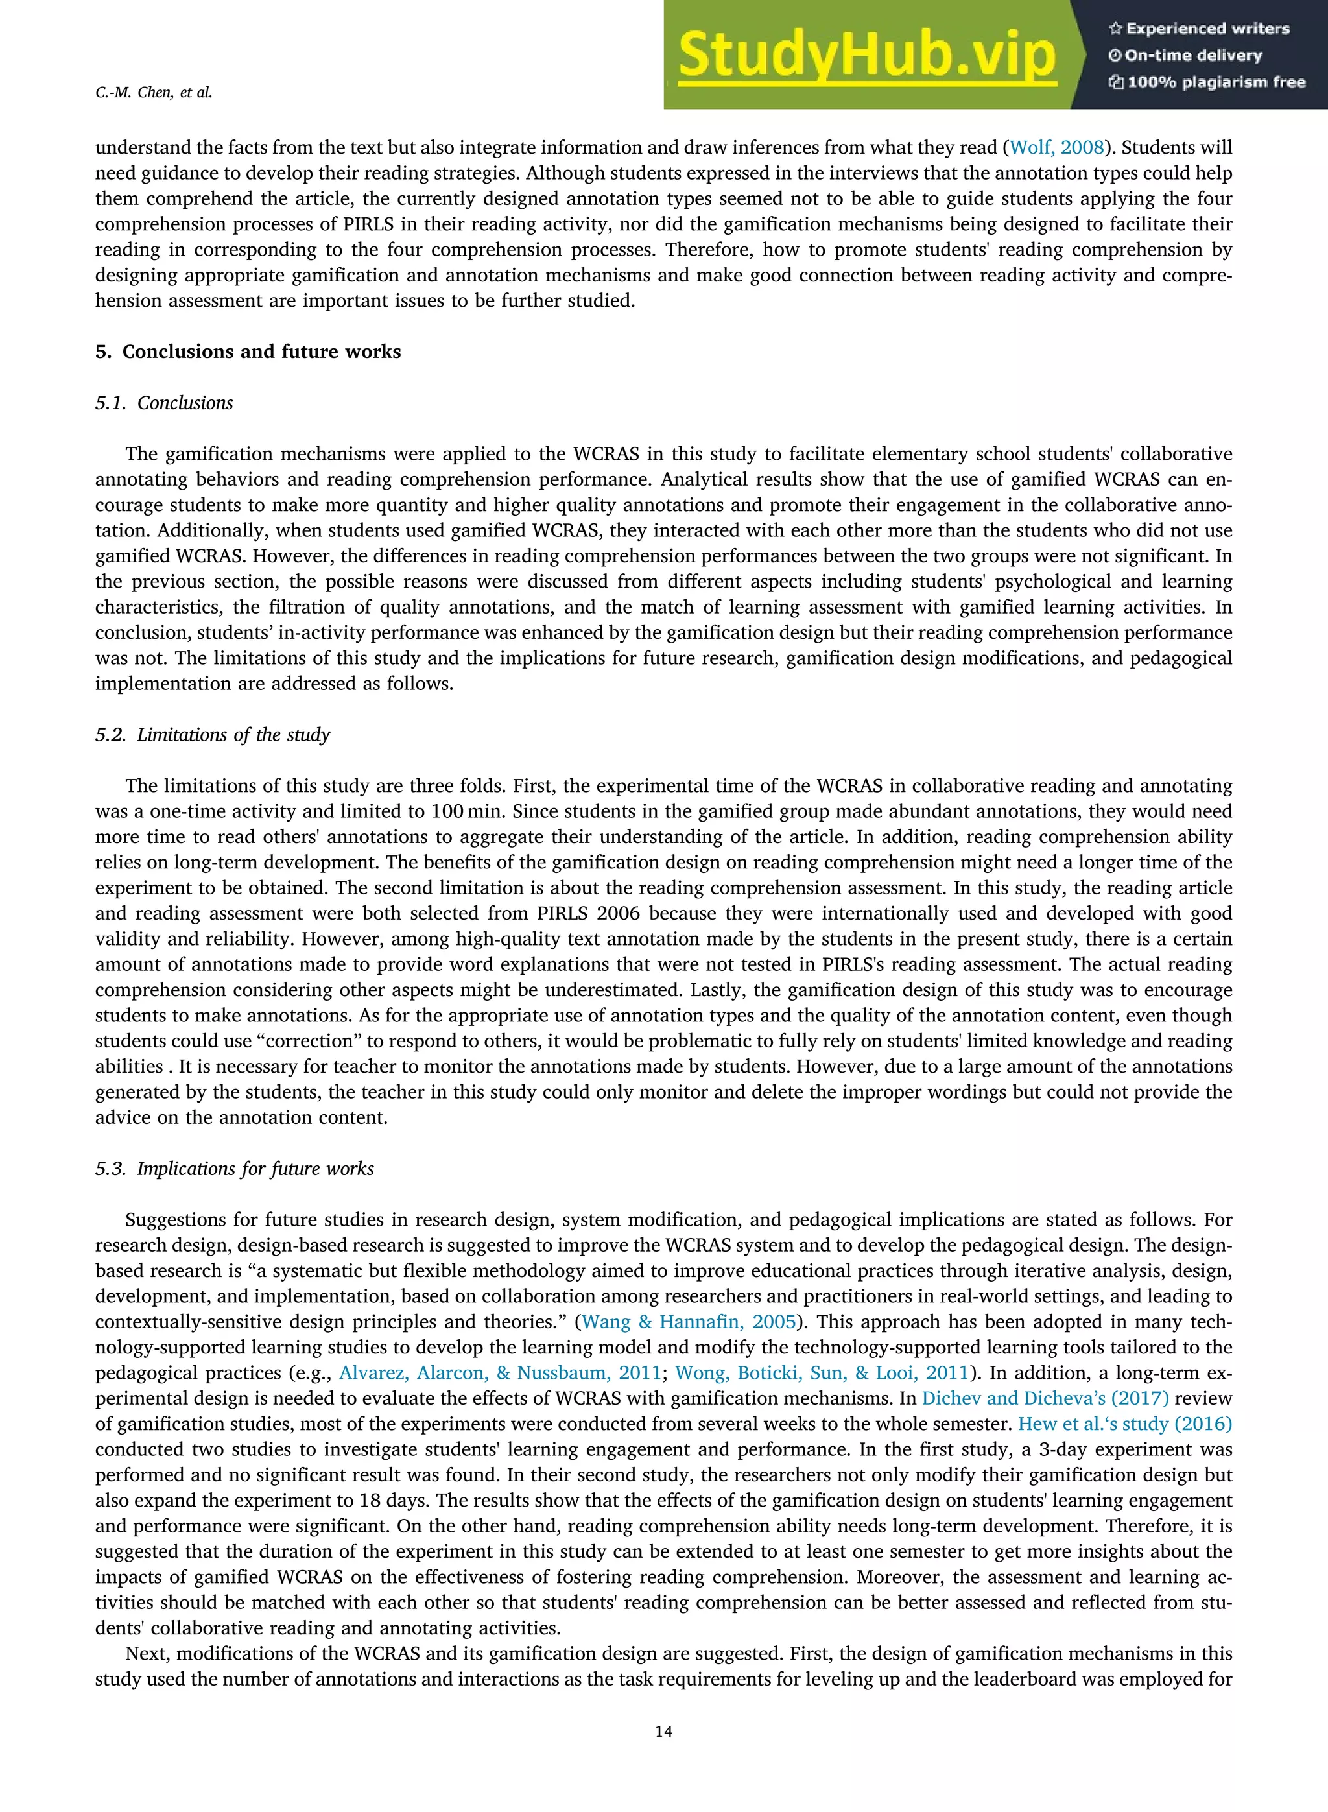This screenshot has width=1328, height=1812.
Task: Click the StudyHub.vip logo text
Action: tap(866, 54)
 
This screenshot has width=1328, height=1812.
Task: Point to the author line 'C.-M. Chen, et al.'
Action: tap(154, 93)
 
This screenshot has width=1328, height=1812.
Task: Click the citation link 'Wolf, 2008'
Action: tap(1056, 148)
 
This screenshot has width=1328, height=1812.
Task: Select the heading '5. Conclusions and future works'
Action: tap(248, 352)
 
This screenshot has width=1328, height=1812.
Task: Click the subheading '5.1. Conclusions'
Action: tap(164, 403)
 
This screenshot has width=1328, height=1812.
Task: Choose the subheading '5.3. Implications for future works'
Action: tap(234, 1169)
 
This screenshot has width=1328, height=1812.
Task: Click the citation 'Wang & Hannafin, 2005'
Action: tap(688, 1322)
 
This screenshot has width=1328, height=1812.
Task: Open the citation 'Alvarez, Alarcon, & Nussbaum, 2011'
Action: tap(500, 1373)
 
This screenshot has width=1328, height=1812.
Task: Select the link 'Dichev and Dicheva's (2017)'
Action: tap(1045, 1399)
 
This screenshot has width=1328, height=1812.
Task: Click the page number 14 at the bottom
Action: tap(663, 1732)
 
